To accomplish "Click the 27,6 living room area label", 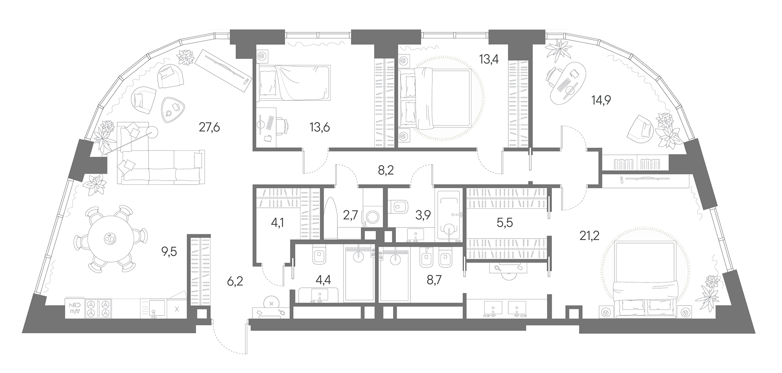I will pyautogui.click(x=209, y=128).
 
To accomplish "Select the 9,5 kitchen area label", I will pyautogui.click(x=169, y=252).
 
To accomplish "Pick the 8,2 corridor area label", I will pyautogui.click(x=385, y=170).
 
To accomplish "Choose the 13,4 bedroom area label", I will pyautogui.click(x=489, y=59).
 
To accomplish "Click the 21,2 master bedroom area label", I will pyautogui.click(x=589, y=235).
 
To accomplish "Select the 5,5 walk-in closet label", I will pyautogui.click(x=505, y=223).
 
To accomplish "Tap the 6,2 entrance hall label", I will pyautogui.click(x=235, y=281).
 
